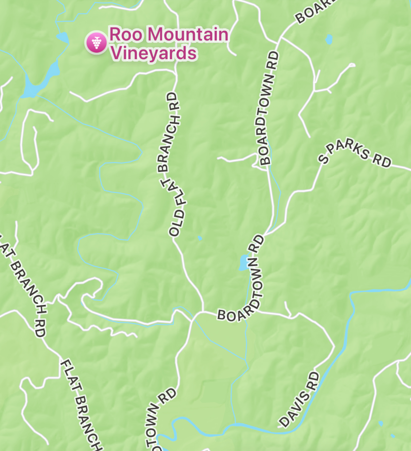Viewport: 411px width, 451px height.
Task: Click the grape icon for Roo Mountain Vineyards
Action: (x=97, y=43)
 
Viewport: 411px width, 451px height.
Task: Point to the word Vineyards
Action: (x=154, y=53)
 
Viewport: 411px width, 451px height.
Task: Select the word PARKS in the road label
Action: (x=348, y=149)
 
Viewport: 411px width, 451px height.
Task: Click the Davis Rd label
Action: (x=300, y=400)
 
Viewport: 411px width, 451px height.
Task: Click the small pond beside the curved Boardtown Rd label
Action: (x=243, y=263)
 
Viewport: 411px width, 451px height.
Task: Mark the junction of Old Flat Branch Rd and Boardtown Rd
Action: (x=203, y=311)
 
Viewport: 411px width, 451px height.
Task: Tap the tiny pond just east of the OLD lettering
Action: (x=200, y=238)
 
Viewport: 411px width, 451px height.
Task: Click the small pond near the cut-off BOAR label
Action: (x=328, y=39)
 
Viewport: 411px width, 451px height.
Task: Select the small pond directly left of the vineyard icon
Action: (x=63, y=38)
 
